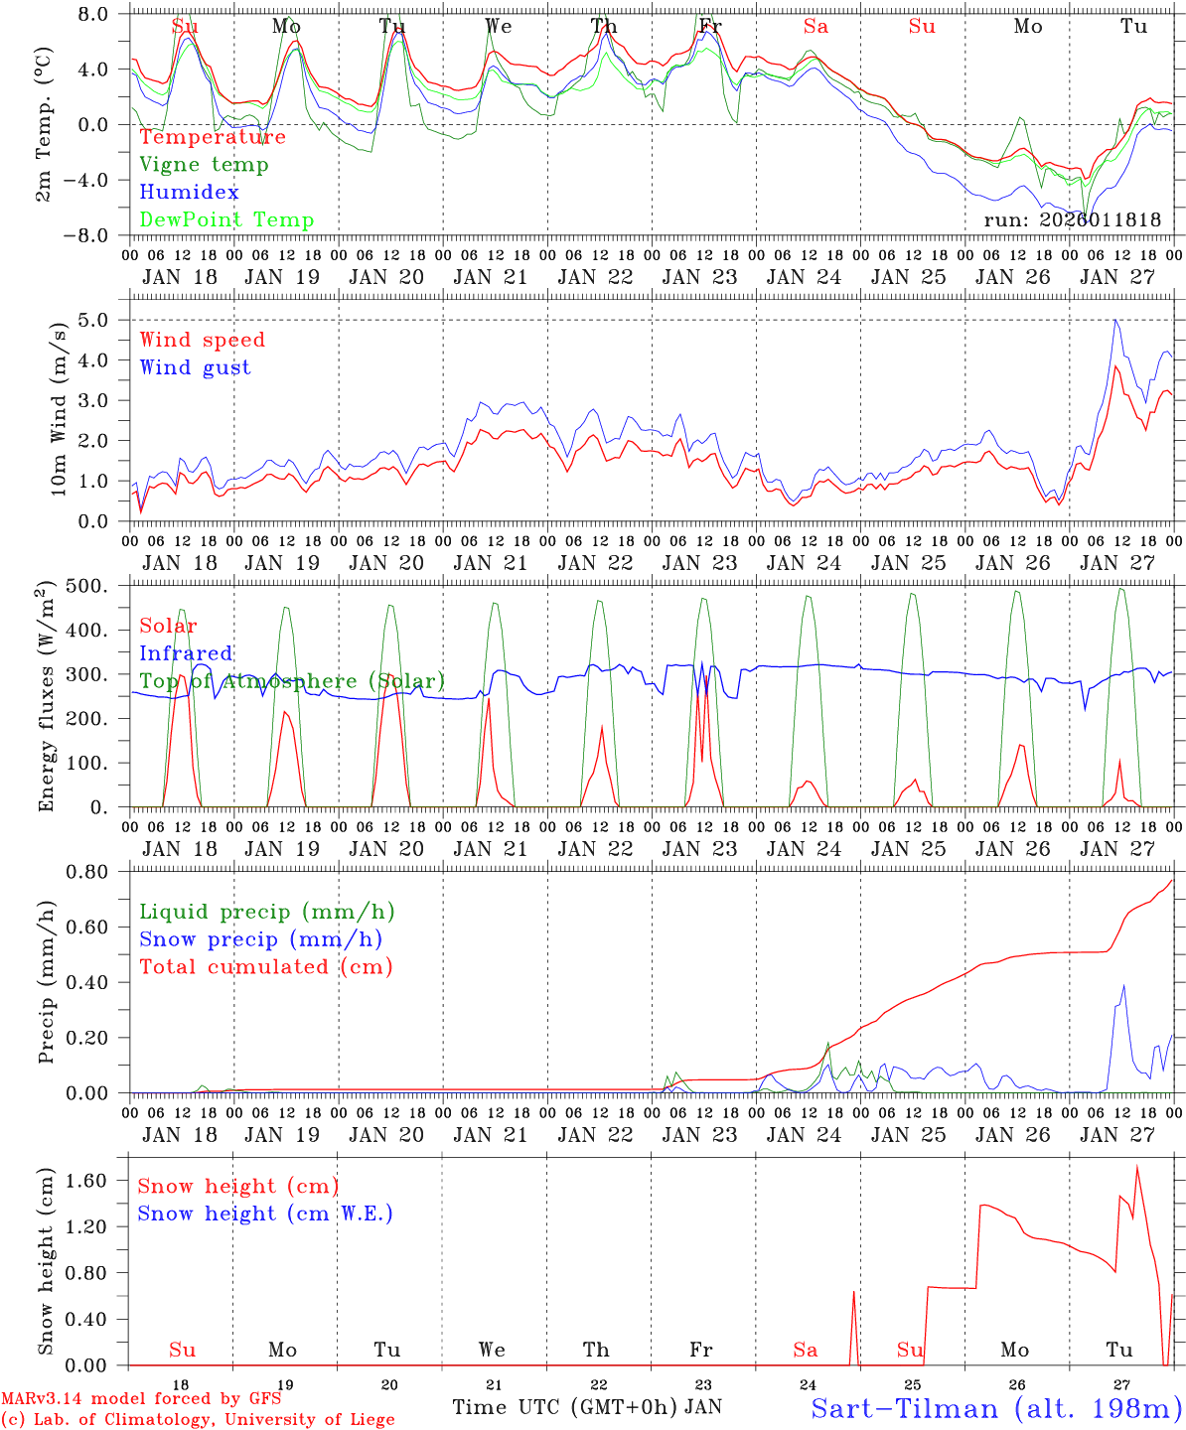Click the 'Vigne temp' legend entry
point(204,165)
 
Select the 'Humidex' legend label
point(189,193)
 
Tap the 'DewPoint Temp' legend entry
point(226,220)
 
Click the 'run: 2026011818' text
point(1072,220)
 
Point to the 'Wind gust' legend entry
point(195,367)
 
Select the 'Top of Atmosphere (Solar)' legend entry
point(292,681)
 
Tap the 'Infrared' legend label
point(186,653)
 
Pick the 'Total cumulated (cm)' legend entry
point(265,967)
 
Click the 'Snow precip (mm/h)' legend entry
point(260,939)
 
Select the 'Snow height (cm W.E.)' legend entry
point(265,1214)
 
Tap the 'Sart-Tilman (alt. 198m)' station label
point(996,1408)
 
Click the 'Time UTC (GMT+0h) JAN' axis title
point(587,1407)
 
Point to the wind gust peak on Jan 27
point(1116,320)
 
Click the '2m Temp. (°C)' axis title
point(44,124)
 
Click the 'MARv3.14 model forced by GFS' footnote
point(140,1399)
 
